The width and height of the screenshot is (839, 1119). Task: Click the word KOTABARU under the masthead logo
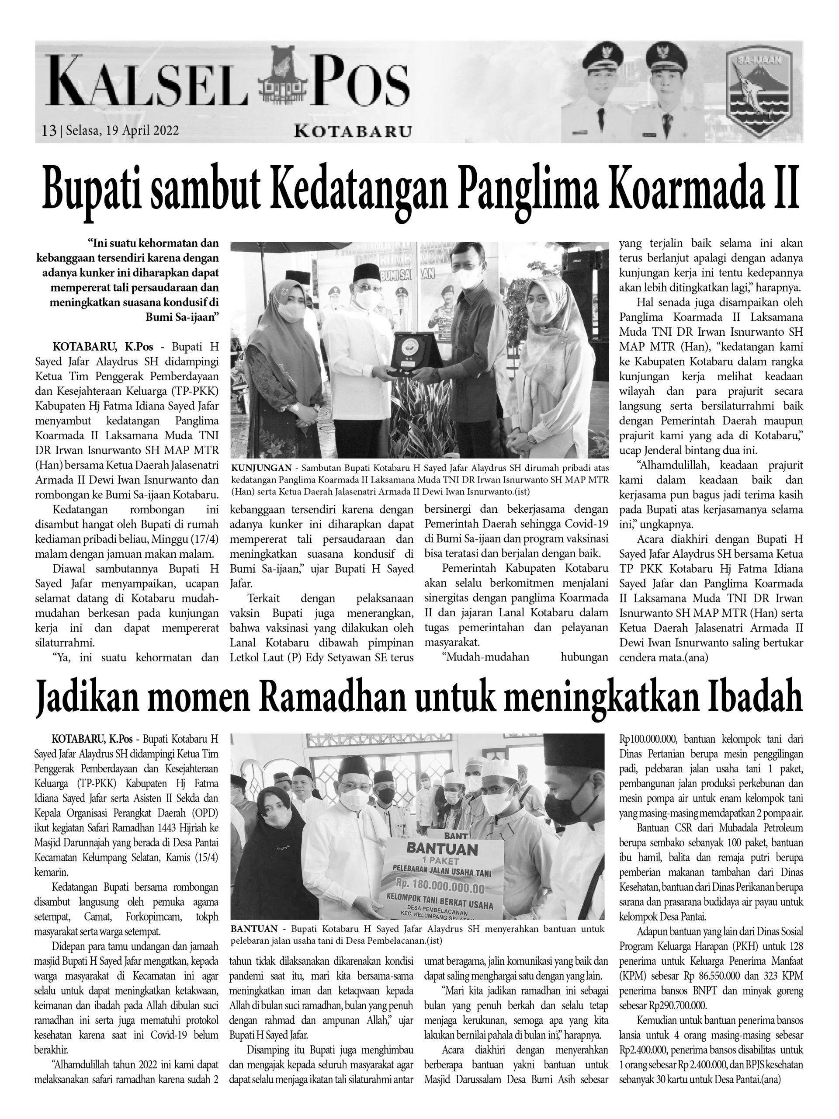353,132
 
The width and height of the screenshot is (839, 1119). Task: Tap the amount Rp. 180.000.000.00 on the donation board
440,889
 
